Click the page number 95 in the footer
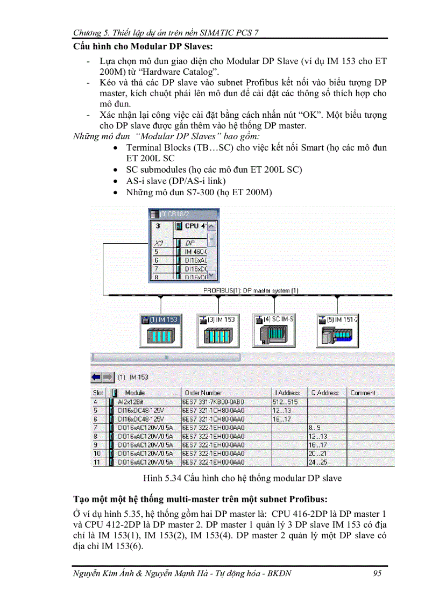[377, 573]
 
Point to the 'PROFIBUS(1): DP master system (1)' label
[251, 290]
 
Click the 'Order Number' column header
[203, 393]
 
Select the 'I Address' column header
[288, 393]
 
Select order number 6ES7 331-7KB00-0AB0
[214, 402]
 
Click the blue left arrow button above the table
[97, 377]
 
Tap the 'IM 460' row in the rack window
[191, 251]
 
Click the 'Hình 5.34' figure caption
[242, 478]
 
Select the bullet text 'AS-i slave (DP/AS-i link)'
[176, 181]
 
